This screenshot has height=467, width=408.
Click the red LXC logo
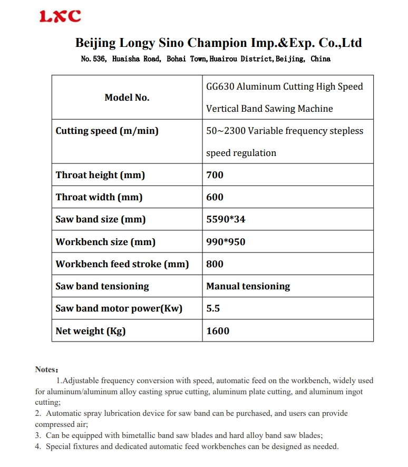coord(60,16)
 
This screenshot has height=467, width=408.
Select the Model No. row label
coord(127,98)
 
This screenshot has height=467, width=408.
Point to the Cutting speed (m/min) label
coord(107,131)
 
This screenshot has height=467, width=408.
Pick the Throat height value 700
coord(215,175)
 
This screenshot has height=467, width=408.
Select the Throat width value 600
coord(215,197)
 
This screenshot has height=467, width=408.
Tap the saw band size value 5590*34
coord(226,219)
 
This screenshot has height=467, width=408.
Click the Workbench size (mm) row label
coord(105,242)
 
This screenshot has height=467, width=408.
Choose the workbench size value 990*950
coord(226,242)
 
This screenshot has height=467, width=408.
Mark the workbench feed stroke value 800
coord(215,264)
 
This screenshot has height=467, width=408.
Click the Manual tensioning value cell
coord(248,286)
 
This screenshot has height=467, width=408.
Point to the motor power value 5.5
coord(213,308)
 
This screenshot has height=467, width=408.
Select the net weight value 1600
coord(218,331)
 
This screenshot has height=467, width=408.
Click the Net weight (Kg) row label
coord(91,331)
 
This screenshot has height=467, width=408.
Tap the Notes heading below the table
coord(46,369)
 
